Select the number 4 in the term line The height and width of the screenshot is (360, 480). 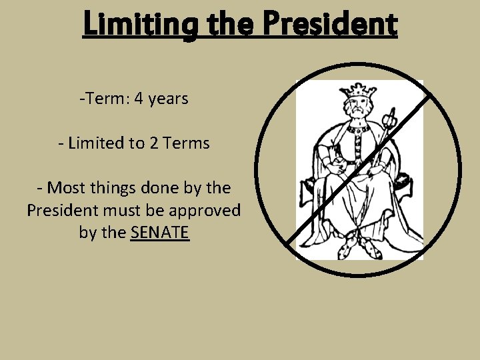(x=139, y=99)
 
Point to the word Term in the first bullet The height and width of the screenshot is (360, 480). (x=107, y=99)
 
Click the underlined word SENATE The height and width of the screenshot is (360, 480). (x=161, y=233)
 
